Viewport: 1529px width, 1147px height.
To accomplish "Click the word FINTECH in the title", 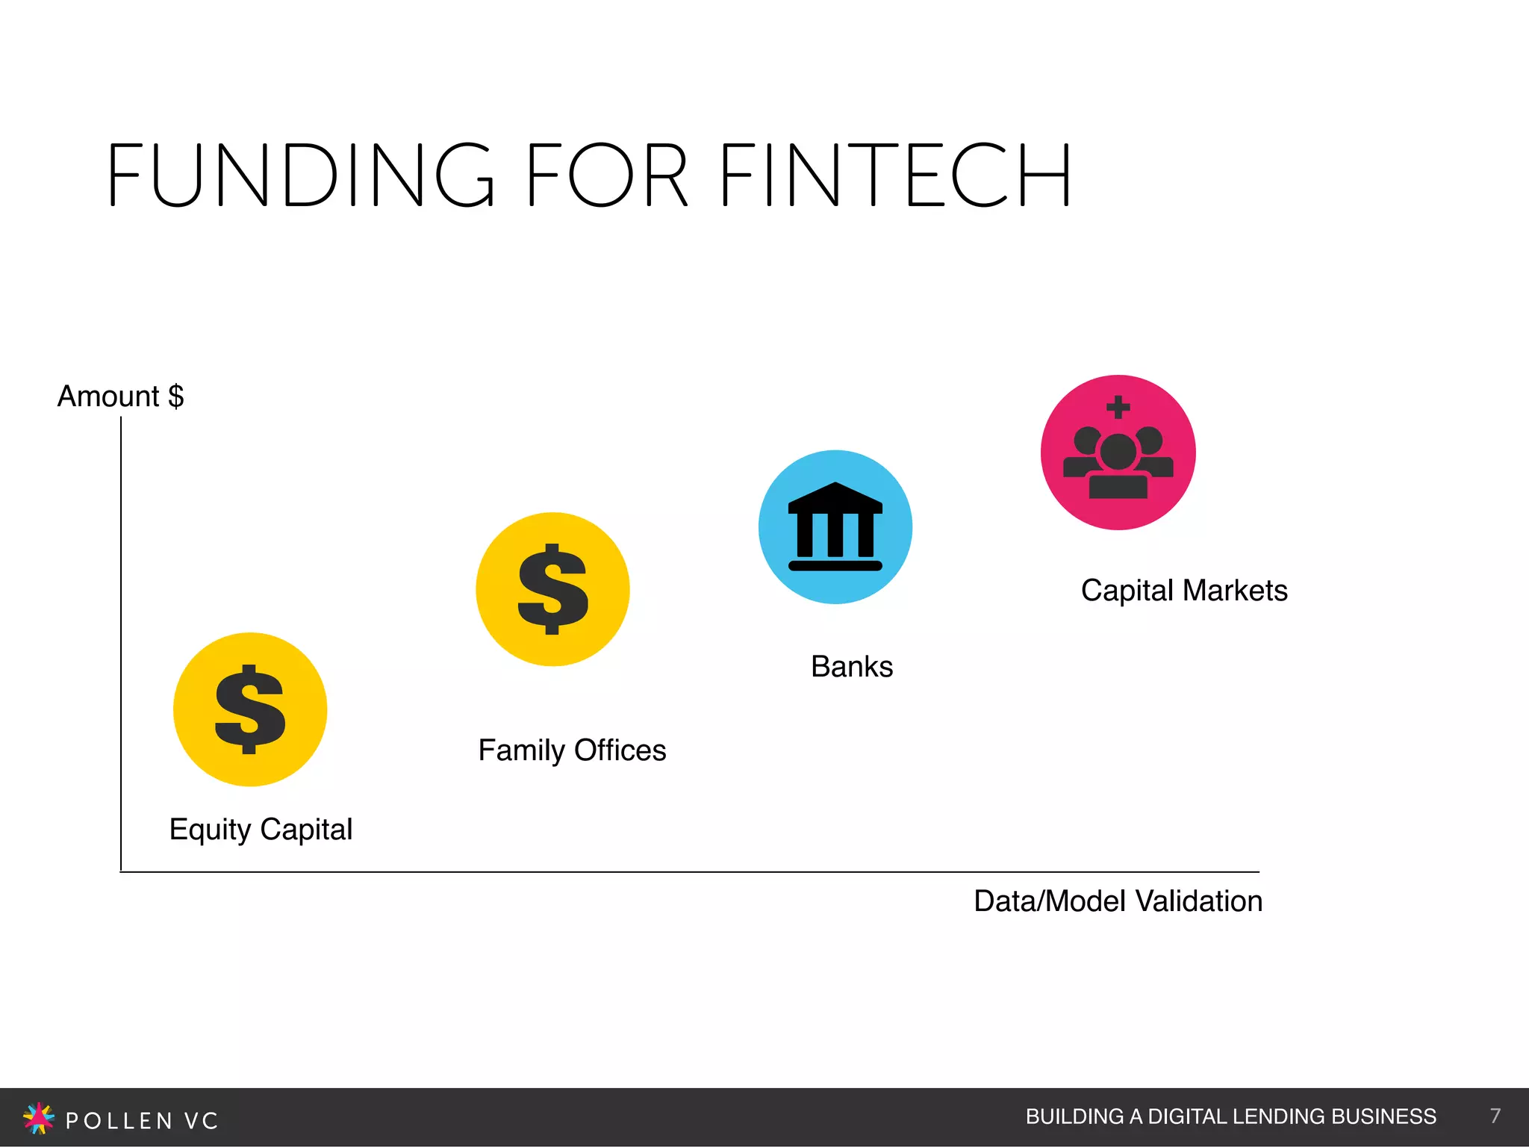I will click(x=896, y=175).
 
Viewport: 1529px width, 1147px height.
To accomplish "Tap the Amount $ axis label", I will click(x=120, y=396).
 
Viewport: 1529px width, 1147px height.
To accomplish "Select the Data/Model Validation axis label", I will click(x=1118, y=901).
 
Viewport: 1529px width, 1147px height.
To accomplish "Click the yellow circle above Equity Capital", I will click(x=250, y=709).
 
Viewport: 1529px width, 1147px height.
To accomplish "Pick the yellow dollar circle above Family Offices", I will click(x=552, y=589).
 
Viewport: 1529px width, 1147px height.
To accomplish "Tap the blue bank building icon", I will click(x=835, y=526).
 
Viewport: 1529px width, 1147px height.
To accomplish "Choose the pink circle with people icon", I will click(x=1118, y=453).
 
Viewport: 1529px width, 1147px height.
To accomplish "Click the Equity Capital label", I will click(x=261, y=830).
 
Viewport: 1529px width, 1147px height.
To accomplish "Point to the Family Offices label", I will click(x=572, y=750).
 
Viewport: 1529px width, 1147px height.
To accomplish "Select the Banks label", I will click(x=852, y=666).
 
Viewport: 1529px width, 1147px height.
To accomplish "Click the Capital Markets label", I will click(x=1184, y=590).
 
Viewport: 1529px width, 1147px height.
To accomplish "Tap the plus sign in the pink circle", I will click(x=1118, y=407).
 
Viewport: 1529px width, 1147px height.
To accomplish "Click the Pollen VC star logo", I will click(x=39, y=1118).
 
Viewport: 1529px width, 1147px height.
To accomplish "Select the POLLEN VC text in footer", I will click(x=142, y=1120).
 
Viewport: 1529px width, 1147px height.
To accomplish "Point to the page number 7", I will click(x=1495, y=1116).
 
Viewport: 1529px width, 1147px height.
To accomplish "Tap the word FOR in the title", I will click(x=606, y=175).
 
